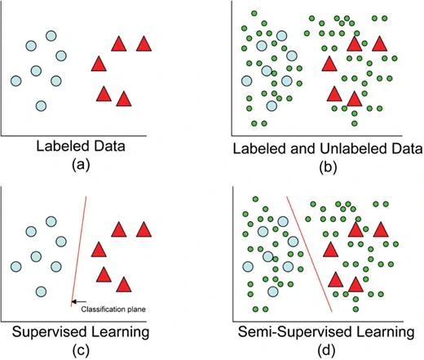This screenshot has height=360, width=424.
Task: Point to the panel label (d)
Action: click(327, 349)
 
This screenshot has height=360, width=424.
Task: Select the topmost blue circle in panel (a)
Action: click(51, 36)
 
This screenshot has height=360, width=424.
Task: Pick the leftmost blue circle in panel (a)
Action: click(15, 81)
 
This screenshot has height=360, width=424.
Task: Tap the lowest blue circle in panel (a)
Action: click(42, 105)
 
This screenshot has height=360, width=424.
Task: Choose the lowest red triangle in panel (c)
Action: click(124, 284)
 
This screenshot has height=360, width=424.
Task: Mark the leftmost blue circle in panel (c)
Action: click(15, 266)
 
